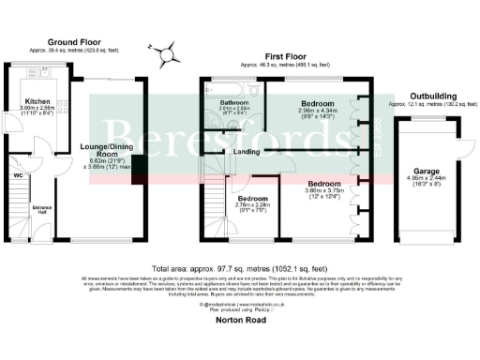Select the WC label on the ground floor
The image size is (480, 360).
pyautogui.click(x=19, y=174)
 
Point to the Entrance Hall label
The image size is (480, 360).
pyautogui.click(x=42, y=212)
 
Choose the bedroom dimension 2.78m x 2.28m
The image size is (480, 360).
pyautogui.click(x=252, y=208)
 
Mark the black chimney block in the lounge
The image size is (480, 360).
pyautogui.click(x=139, y=168)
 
